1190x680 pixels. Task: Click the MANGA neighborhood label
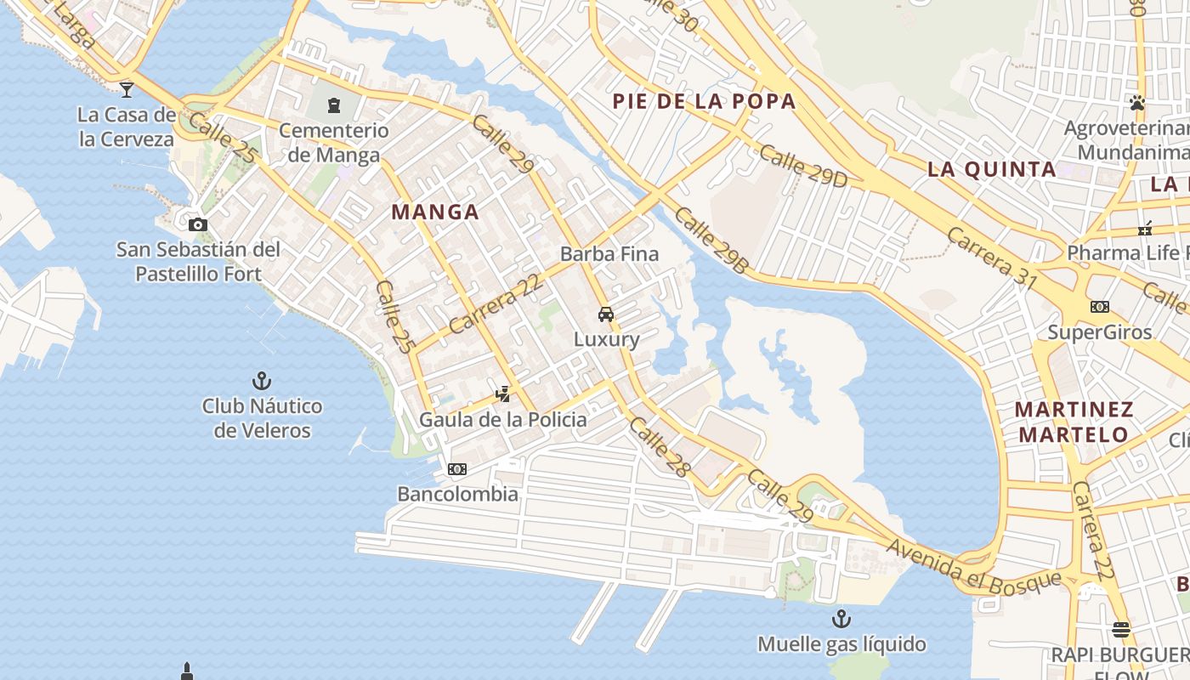point(435,212)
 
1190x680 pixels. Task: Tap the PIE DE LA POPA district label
point(705,102)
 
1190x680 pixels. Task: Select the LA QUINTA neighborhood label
point(992,169)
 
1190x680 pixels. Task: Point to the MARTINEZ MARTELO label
point(1074,422)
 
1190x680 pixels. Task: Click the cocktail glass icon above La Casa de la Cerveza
point(127,88)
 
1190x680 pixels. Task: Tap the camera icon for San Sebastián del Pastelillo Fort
point(198,224)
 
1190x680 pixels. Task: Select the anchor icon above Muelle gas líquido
point(841,618)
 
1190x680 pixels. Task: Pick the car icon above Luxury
point(606,314)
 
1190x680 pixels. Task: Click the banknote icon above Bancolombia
point(457,469)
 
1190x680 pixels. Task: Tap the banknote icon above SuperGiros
point(1100,306)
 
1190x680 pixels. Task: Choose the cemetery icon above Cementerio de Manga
point(334,105)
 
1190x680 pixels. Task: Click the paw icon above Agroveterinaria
point(1137,103)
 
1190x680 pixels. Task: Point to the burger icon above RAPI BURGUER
point(1121,630)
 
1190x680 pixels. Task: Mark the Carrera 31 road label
point(992,258)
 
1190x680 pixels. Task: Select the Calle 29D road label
point(803,165)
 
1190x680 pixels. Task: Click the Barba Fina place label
point(609,253)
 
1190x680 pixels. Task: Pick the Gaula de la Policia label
point(503,419)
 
